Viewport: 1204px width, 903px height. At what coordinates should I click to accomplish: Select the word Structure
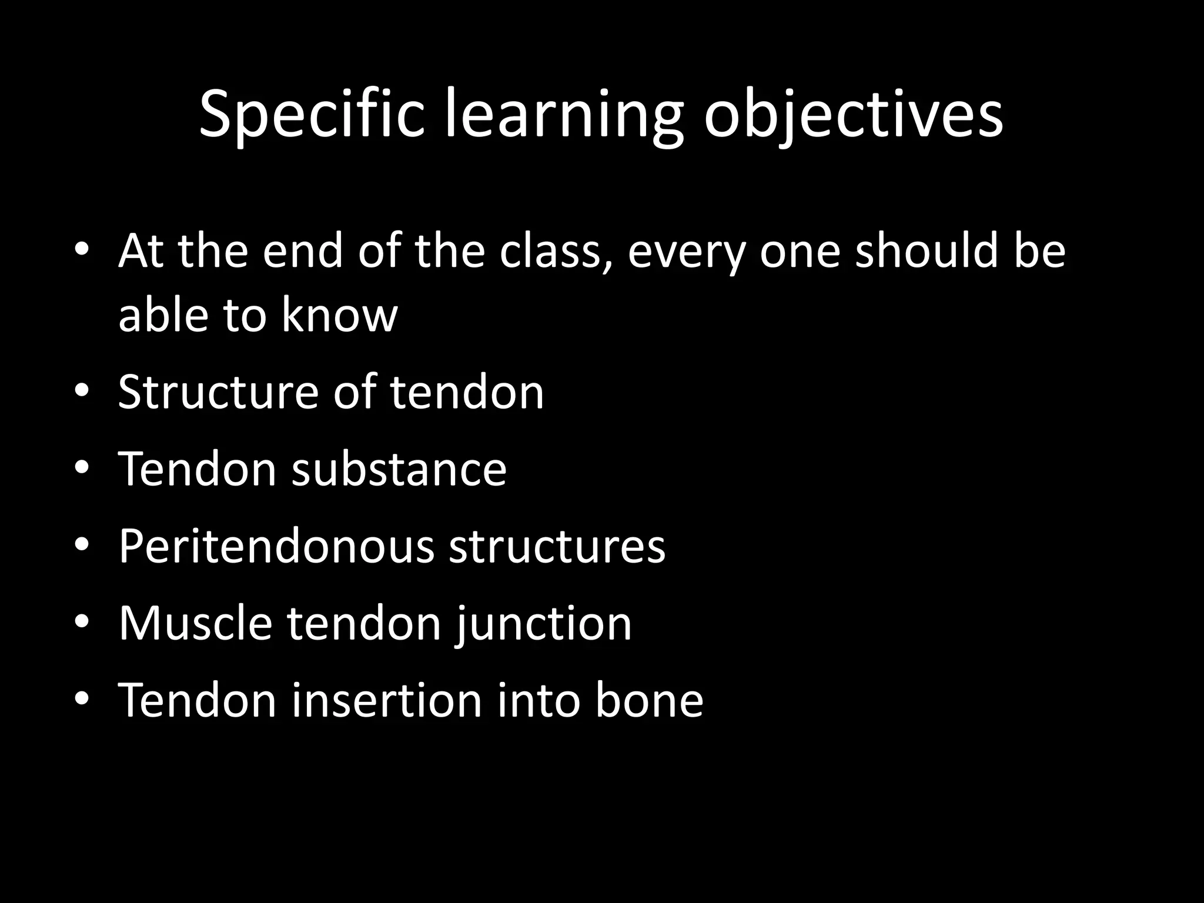(x=218, y=392)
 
